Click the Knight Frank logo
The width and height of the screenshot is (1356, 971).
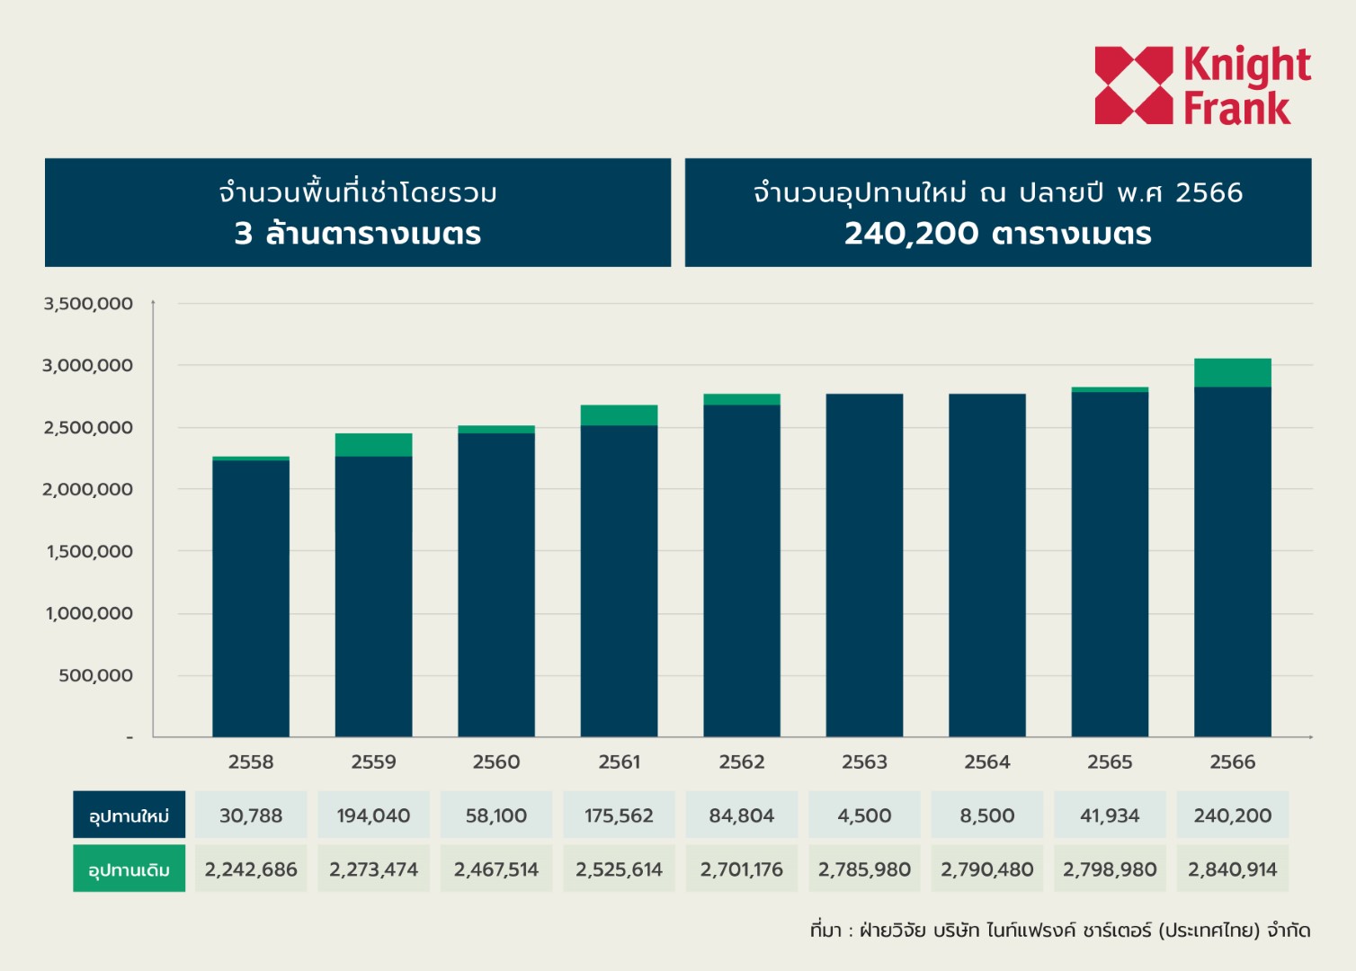pyautogui.click(x=1202, y=85)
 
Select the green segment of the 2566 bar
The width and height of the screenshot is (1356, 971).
pyautogui.click(x=1232, y=372)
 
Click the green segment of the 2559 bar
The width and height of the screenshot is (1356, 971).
pyautogui.click(x=373, y=445)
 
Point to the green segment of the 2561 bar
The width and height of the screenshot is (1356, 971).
pyautogui.click(x=619, y=415)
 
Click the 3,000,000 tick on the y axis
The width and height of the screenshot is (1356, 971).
pyautogui.click(x=87, y=366)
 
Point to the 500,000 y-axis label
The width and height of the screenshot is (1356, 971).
pyautogui.click(x=95, y=675)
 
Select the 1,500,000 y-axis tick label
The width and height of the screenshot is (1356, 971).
pyautogui.click(x=89, y=551)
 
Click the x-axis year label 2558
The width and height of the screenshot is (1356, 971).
pyautogui.click(x=251, y=762)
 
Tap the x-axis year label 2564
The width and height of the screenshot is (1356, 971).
pyautogui.click(x=987, y=762)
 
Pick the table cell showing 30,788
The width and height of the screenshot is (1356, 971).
pyautogui.click(x=251, y=815)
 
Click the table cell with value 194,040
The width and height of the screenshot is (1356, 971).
pyautogui.click(x=373, y=815)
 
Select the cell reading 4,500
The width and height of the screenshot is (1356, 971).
pyautogui.click(x=864, y=815)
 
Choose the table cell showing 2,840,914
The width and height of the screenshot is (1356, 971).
pyautogui.click(x=1232, y=869)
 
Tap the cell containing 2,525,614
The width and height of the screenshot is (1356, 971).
pyautogui.click(x=619, y=869)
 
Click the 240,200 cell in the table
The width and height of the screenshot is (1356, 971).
pyautogui.click(x=1232, y=815)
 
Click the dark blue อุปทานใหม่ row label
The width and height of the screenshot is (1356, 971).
pyautogui.click(x=129, y=815)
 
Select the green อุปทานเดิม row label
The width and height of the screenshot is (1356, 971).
pyautogui.click(x=129, y=869)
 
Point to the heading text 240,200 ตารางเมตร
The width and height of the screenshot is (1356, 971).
pyautogui.click(x=997, y=234)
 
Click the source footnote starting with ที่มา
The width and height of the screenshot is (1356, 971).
pyautogui.click(x=1059, y=931)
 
